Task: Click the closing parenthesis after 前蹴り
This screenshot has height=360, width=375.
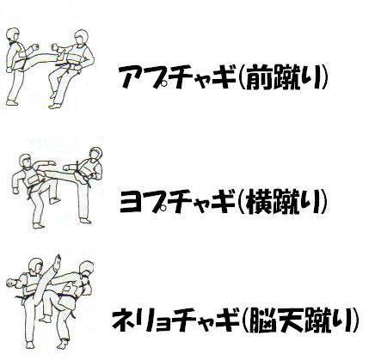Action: (x=325, y=76)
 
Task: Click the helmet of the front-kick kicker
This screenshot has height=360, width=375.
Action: (x=13, y=35)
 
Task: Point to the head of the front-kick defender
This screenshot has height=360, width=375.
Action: (x=81, y=36)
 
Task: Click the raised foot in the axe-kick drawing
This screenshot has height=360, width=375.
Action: (x=58, y=260)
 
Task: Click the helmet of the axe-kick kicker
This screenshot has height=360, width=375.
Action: (x=36, y=265)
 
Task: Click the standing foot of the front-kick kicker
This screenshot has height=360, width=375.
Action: (x=12, y=102)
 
